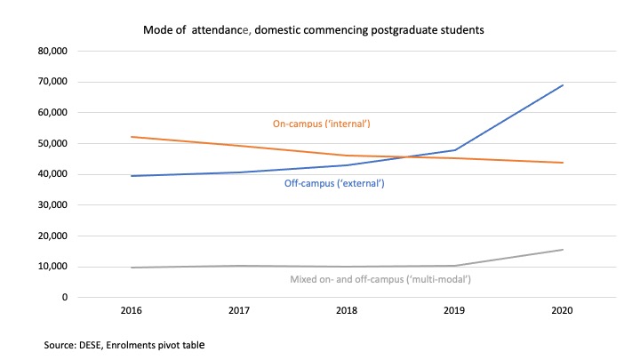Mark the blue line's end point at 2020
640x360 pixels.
pos(563,85)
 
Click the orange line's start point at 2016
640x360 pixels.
pos(131,137)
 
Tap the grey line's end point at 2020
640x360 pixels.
pos(563,250)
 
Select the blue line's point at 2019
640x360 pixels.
pos(455,150)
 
